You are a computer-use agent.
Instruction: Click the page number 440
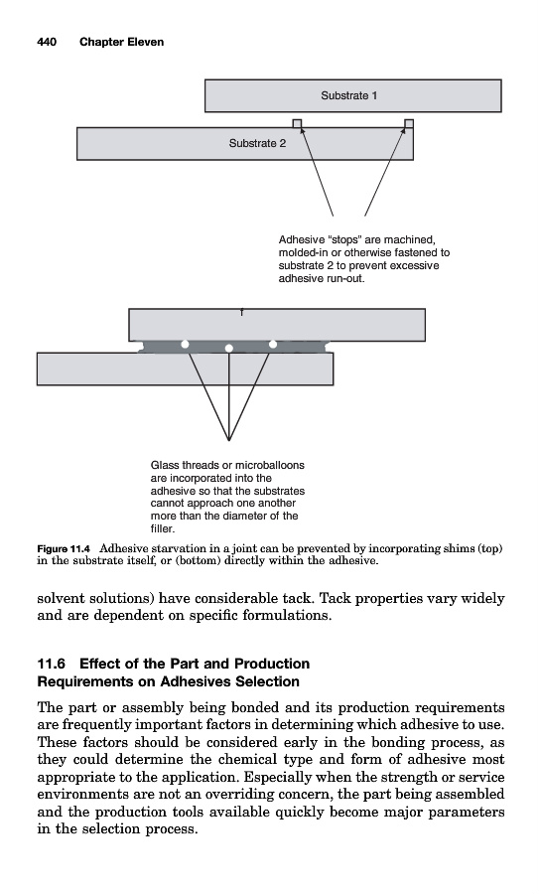click(47, 42)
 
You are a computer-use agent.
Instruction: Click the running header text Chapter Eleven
click(121, 42)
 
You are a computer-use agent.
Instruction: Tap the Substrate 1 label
click(348, 95)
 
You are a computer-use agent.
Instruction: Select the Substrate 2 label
click(257, 144)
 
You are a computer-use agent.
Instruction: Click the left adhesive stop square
click(297, 124)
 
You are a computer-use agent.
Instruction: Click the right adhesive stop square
click(409, 124)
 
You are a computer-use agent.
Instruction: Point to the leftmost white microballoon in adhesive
click(185, 344)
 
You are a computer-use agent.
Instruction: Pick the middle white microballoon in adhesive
click(229, 348)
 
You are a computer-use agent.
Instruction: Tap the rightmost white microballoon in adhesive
click(273, 344)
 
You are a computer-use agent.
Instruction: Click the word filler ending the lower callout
click(163, 528)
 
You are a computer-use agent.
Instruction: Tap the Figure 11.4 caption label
click(64, 549)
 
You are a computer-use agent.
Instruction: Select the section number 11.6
click(52, 664)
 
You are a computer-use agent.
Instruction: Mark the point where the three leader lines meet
click(228, 440)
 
